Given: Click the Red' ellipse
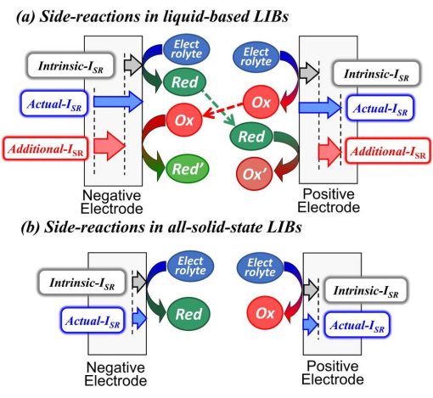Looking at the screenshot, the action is [x=187, y=169].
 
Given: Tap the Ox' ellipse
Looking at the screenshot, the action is [x=255, y=174].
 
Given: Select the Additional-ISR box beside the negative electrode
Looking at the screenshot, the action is [x=45, y=149].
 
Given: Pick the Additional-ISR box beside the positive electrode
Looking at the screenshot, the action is [x=388, y=151].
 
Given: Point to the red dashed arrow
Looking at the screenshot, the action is [x=223, y=110].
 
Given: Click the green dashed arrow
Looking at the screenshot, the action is [x=218, y=108].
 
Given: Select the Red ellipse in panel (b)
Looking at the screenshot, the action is [x=188, y=314].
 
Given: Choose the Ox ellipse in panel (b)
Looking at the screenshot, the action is [x=265, y=313].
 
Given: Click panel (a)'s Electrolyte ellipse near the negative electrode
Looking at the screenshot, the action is [x=186, y=49].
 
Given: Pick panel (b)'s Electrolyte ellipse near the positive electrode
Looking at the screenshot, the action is [x=260, y=267].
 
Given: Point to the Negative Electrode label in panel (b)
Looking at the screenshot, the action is [x=115, y=374].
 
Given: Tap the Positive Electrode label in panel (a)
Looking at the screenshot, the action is [x=329, y=200].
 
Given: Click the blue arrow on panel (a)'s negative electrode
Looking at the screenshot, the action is [x=118, y=101].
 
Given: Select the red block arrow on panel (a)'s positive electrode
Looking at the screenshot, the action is [x=330, y=152].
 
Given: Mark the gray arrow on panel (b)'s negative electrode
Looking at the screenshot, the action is [x=139, y=282].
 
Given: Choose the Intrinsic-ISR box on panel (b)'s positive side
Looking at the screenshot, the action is [x=366, y=290].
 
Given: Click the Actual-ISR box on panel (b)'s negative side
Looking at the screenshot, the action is [x=93, y=321].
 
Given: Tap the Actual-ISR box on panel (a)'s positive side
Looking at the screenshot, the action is [x=380, y=109].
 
